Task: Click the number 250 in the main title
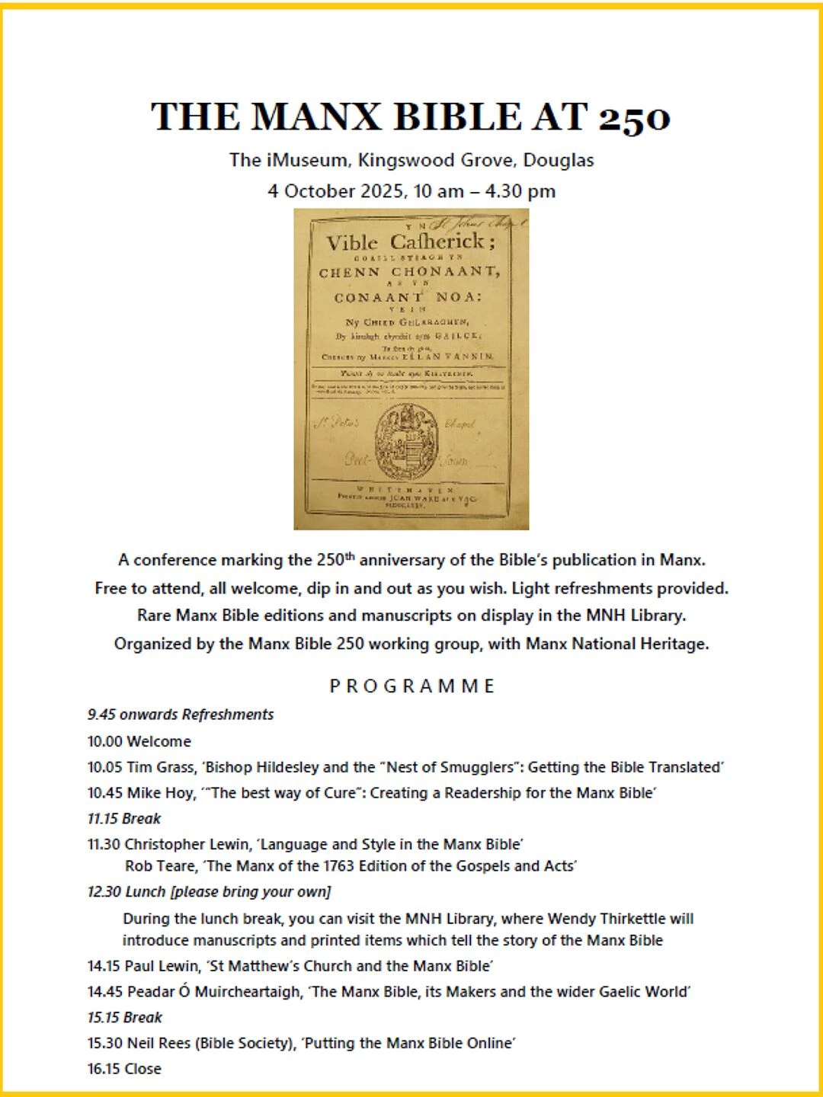634,118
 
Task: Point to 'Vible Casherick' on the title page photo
411,242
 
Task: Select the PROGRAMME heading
411,686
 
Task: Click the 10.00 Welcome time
105,741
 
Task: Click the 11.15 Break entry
124,819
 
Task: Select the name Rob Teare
160,866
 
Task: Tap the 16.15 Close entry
124,1069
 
